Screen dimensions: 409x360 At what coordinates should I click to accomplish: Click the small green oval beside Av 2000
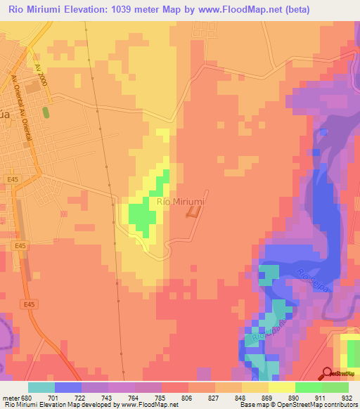(x=46, y=112)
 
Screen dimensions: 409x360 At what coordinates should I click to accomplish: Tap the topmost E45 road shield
(x=13, y=179)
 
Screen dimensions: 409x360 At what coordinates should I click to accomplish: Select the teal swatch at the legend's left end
(x=41, y=387)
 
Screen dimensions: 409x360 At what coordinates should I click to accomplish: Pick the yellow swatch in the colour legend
(x=281, y=387)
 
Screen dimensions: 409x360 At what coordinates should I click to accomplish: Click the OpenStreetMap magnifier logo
(x=328, y=374)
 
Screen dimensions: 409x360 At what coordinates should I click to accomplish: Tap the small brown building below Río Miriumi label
(x=192, y=214)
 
